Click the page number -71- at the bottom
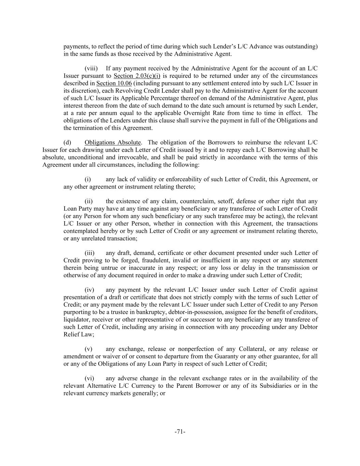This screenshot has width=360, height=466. (x=180, y=432)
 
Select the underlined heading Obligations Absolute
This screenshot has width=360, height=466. (x=113, y=142)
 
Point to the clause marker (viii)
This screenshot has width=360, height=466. (x=91, y=68)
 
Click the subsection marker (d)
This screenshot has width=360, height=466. (x=67, y=142)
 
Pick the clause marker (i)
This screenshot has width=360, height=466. (x=88, y=179)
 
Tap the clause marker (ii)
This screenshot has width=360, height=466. (x=88, y=201)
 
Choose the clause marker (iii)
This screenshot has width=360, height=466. (x=89, y=253)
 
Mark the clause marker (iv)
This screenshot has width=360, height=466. (x=89, y=290)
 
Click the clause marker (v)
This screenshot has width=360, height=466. (x=88, y=349)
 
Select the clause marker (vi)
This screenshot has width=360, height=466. (x=89, y=378)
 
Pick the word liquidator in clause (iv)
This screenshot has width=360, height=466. (x=76, y=320)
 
